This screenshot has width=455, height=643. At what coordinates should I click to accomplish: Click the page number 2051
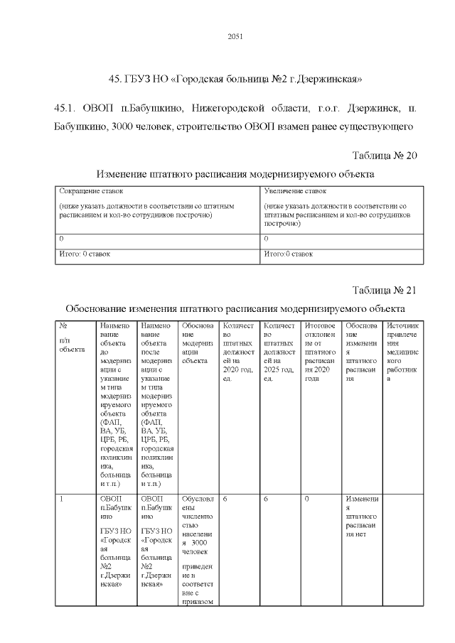click(235, 37)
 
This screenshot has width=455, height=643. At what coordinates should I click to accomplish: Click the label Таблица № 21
click(384, 291)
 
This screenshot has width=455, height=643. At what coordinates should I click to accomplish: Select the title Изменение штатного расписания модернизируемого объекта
click(235, 174)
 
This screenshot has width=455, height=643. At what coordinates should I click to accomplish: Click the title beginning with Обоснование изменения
click(235, 309)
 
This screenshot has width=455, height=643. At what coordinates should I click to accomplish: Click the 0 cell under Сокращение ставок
click(62, 239)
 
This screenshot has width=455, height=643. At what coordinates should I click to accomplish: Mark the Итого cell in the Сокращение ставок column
click(84, 254)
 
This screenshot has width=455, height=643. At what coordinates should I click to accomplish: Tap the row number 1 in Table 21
click(63, 499)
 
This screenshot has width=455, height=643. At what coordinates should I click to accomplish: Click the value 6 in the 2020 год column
click(225, 499)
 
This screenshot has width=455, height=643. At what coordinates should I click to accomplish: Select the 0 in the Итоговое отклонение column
click(306, 499)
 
